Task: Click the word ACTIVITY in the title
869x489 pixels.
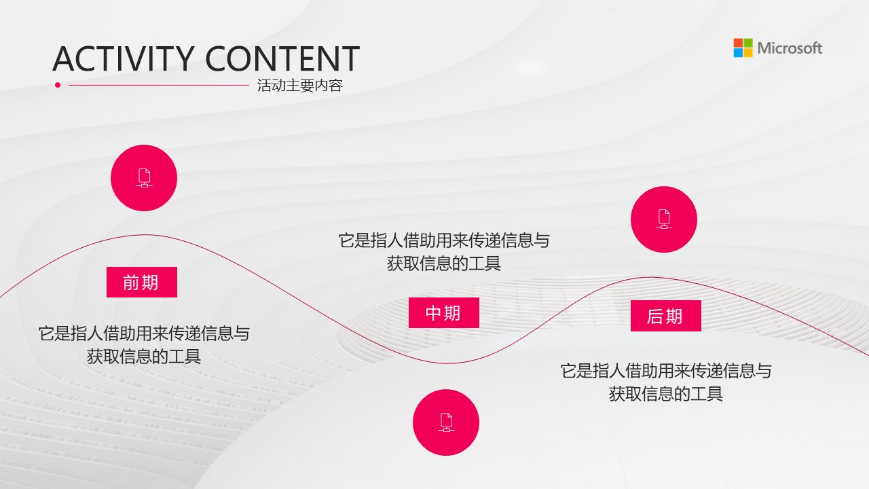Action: (124, 59)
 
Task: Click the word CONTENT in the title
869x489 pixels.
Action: (282, 59)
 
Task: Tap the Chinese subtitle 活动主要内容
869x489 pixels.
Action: (300, 86)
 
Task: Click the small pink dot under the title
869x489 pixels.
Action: (58, 85)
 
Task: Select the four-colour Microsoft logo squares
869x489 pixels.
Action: (743, 48)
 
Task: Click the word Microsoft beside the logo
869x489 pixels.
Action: (790, 48)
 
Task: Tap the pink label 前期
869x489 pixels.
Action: (142, 282)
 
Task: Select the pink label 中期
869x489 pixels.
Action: (444, 313)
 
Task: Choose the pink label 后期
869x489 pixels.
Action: (666, 316)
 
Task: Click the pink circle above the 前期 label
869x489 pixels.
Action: (144, 178)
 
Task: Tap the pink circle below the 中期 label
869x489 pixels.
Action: (446, 422)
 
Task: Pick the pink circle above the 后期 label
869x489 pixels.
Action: (664, 219)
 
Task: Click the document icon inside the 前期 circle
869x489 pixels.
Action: (145, 178)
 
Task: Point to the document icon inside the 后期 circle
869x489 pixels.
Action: (664, 219)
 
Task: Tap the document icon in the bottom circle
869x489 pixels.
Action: (446, 422)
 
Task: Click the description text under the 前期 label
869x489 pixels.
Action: (144, 345)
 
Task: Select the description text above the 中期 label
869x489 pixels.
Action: (444, 252)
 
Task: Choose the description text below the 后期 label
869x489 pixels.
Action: (666, 382)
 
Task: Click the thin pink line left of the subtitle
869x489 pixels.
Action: (159, 85)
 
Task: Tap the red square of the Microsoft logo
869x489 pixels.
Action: (738, 43)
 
